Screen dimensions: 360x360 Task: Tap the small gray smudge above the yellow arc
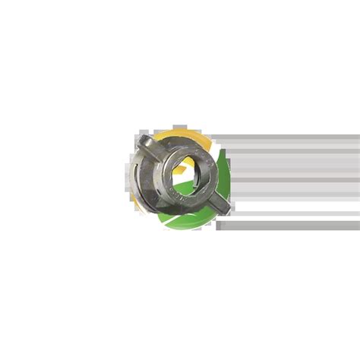(x=179, y=127)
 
